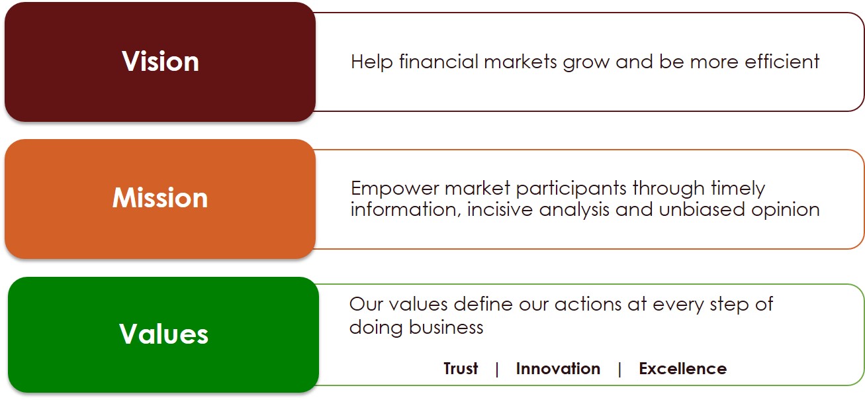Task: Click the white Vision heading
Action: click(160, 62)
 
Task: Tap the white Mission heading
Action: click(160, 197)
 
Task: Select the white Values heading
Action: click(163, 334)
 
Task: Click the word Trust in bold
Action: click(461, 368)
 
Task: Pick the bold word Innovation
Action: click(558, 368)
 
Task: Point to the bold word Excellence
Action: click(683, 368)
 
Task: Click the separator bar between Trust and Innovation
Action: click(497, 369)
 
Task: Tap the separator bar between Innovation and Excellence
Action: click(619, 369)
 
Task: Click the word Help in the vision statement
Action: click(371, 62)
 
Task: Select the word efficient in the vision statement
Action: click(782, 61)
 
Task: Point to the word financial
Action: click(438, 61)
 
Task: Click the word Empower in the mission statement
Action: click(394, 189)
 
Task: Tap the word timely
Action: click(738, 189)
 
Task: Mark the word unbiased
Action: click(702, 209)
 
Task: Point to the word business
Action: click(446, 327)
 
